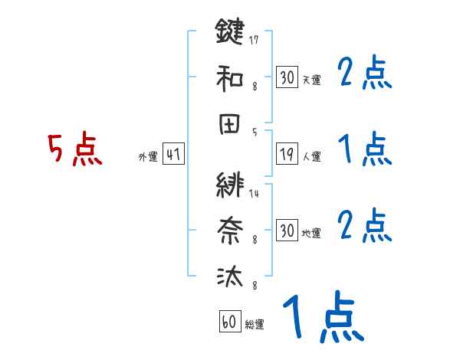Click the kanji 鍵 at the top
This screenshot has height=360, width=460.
(230, 33)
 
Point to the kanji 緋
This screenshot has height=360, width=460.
(230, 186)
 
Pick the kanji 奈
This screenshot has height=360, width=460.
(230, 230)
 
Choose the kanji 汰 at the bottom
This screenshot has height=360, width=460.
(230, 276)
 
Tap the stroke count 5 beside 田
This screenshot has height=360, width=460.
(254, 132)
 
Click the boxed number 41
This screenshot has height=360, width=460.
(174, 155)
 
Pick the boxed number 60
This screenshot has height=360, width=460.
(229, 322)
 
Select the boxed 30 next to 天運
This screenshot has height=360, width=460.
(287, 77)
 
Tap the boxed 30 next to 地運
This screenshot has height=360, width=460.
(287, 231)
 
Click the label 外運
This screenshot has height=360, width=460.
(148, 157)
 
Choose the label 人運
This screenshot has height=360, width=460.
(312, 157)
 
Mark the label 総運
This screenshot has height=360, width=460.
(255, 324)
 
